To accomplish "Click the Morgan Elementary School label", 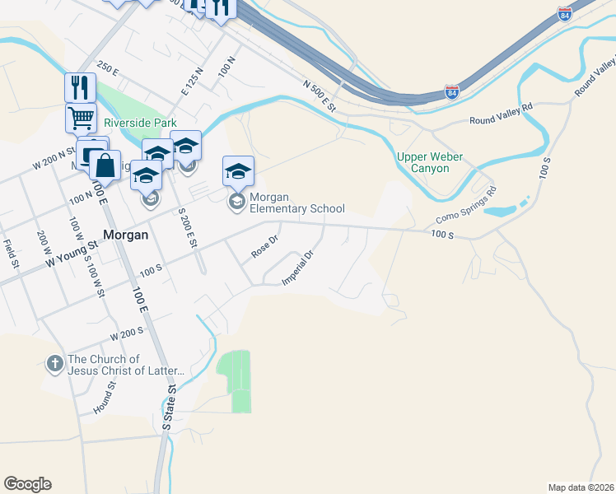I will click(x=296, y=203).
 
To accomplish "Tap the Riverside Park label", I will click(x=140, y=123).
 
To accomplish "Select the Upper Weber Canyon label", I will click(x=429, y=162).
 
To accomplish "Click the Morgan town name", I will click(x=125, y=234).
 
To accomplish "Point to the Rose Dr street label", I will click(x=265, y=246).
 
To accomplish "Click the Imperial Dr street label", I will click(x=298, y=268).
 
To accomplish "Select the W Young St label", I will click(x=72, y=251).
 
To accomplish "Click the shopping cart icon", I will click(x=81, y=117).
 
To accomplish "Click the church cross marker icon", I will click(x=55, y=364).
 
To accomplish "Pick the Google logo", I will click(x=27, y=484).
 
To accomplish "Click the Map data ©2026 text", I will click(x=581, y=487).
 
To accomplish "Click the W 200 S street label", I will click(x=128, y=334).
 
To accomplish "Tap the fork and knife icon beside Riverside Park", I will click(x=81, y=86).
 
